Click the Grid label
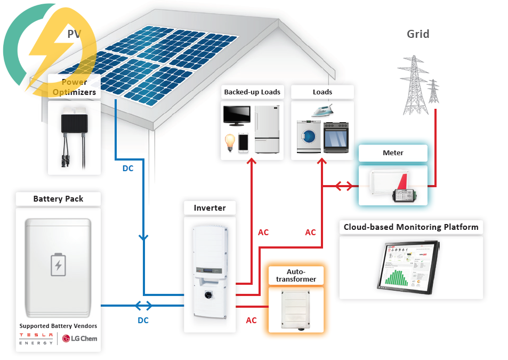tap(418, 34)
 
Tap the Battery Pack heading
tap(58, 199)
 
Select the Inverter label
tap(209, 208)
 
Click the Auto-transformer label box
tap(296, 275)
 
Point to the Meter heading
tap(393, 153)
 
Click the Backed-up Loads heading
tap(252, 92)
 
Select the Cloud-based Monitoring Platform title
tap(411, 227)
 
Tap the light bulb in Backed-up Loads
tap(229, 142)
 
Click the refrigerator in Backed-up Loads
tap(267, 130)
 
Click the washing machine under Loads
tap(308, 137)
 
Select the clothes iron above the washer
tap(322, 111)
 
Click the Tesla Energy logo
tap(36, 339)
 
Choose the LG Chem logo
tap(80, 338)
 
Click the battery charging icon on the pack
tap(59, 265)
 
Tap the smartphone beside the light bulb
tap(244, 142)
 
